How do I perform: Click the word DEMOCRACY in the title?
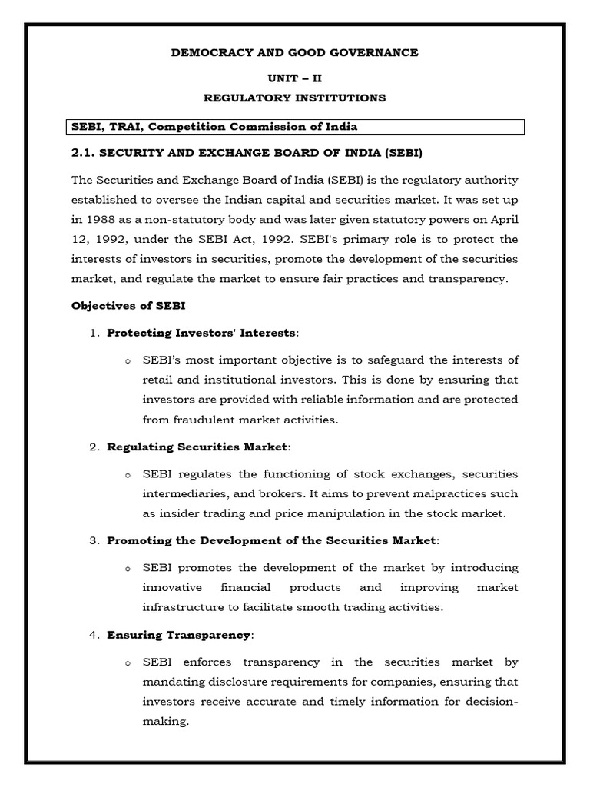pyautogui.click(x=210, y=52)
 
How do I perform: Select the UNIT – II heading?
pyautogui.click(x=294, y=78)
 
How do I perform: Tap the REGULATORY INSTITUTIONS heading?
pyautogui.click(x=294, y=98)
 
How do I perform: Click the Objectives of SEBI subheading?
pyautogui.click(x=128, y=305)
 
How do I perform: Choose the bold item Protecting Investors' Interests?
pyautogui.click(x=201, y=333)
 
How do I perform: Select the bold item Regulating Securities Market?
pyautogui.click(x=197, y=447)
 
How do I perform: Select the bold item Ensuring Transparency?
pyautogui.click(x=178, y=635)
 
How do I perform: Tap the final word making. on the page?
pyautogui.click(x=165, y=722)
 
